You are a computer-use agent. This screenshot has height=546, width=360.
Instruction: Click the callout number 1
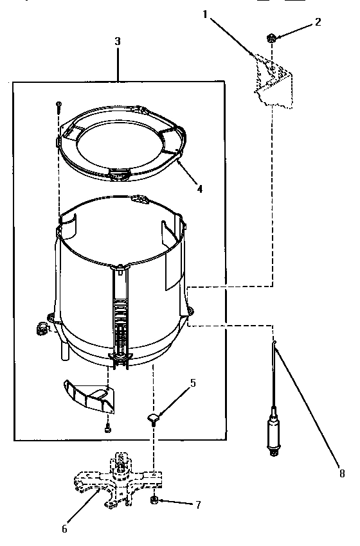205,14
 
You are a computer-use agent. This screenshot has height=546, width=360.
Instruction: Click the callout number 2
318,22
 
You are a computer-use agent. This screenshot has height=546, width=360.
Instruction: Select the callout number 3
117,40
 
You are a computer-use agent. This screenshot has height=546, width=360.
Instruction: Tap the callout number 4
200,189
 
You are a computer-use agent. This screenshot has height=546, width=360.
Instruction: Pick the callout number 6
64,529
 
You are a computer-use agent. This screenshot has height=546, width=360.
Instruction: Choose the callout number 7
197,505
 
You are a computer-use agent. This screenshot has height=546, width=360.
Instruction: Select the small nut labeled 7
155,500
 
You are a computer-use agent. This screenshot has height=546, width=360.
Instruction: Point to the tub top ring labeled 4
122,138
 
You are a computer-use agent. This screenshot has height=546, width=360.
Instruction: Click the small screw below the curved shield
106,427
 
